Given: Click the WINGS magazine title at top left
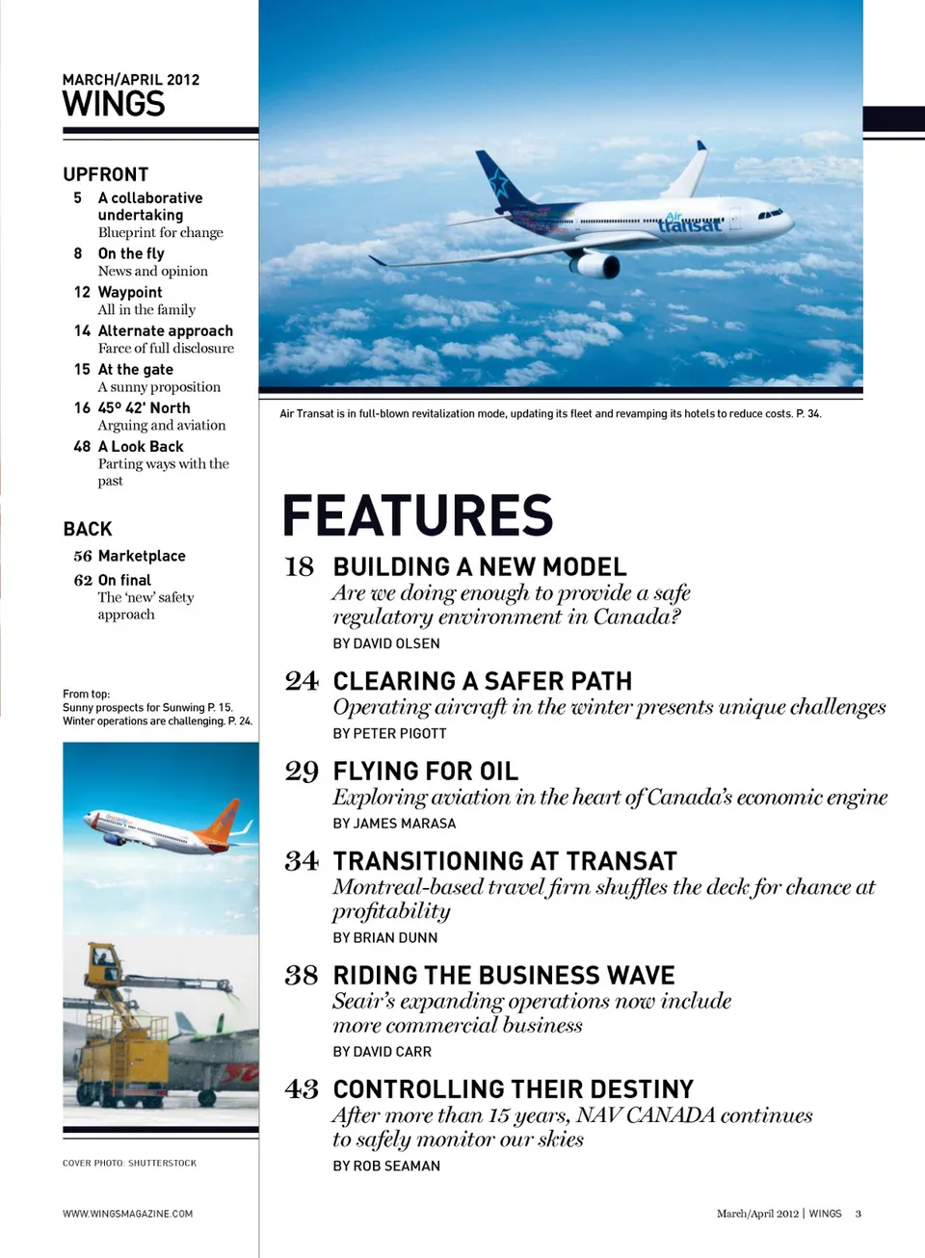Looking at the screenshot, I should coord(114,104).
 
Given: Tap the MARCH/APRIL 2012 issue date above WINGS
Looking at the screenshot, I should coord(131,80).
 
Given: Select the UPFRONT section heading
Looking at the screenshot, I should coord(106,174).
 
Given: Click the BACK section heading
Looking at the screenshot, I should coord(88,529).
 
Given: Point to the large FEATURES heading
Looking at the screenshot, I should coord(417,515).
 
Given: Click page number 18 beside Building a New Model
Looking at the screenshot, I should coord(300,567).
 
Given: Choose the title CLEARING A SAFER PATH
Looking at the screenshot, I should coord(483,681).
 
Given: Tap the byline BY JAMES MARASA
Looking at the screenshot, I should coord(394,824).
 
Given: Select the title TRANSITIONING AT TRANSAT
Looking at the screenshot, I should coord(505,861).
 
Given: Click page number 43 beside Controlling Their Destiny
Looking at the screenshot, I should coord(302,1089).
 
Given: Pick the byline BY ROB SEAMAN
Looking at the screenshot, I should coord(386,1166).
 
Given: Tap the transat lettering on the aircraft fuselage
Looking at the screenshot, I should coord(690,224).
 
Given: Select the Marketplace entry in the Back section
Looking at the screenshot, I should coord(142,556).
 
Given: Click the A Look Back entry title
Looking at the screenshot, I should coord(141,446).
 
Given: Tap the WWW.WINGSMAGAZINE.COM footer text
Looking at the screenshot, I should coord(127,1214).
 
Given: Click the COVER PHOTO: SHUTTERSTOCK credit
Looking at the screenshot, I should coord(129,1163).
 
